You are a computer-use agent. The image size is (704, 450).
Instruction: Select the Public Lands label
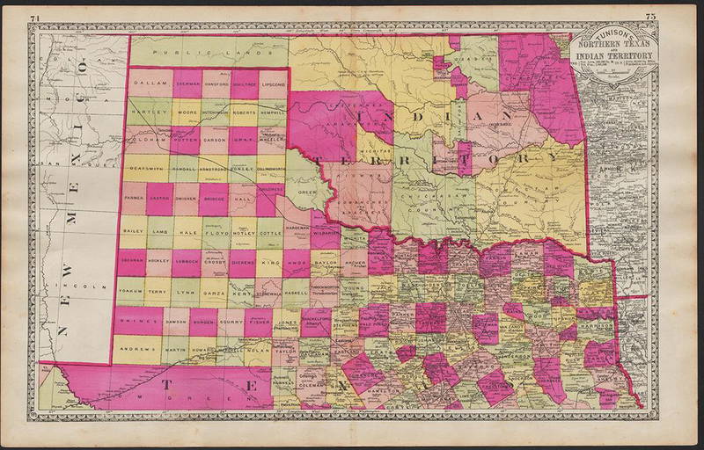(178, 54)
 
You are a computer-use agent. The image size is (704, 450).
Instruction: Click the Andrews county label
(141, 349)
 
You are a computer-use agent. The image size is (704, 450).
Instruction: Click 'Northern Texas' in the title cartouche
(615, 45)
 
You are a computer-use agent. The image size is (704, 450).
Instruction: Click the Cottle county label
(271, 233)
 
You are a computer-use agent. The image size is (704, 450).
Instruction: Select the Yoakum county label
(132, 289)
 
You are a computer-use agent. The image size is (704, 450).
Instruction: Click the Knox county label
(296, 262)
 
